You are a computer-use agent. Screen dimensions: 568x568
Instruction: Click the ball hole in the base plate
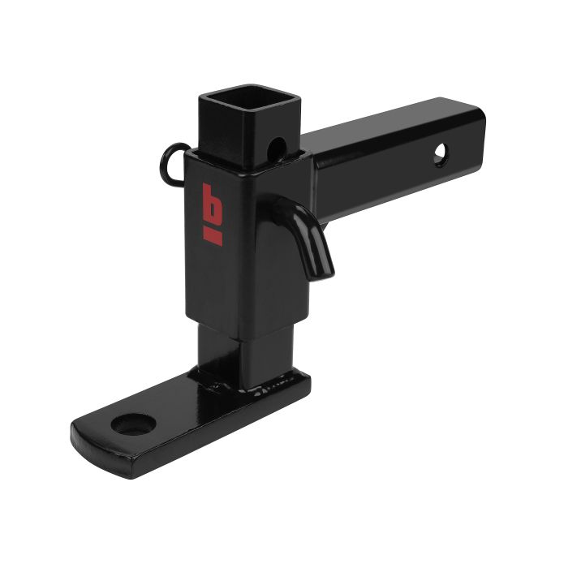(129, 424)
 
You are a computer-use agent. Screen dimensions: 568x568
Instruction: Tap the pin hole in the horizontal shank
(439, 155)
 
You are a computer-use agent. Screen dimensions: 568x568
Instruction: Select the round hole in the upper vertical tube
(278, 148)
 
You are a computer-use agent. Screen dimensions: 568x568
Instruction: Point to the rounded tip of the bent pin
(323, 271)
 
